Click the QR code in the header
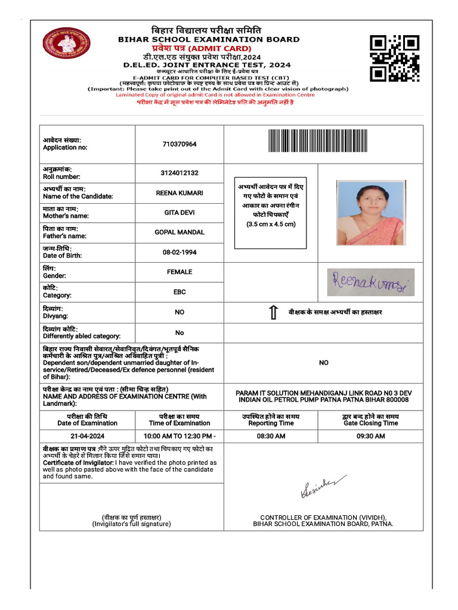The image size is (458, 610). tap(394, 58)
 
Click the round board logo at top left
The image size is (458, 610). tap(66, 43)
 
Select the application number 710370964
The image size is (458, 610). tap(179, 144)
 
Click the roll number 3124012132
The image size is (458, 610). tap(179, 173)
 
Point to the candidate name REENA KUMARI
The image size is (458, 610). tap(179, 193)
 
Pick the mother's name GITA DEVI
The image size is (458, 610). tap(179, 213)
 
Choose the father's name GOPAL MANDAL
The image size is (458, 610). tap(179, 232)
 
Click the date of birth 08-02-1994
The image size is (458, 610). tap(179, 252)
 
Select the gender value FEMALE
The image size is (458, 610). tap(179, 272)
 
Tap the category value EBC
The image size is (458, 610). tap(179, 292)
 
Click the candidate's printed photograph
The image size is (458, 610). tap(370, 213)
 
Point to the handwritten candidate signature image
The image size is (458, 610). tap(371, 282)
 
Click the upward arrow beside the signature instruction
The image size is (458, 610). tap(273, 312)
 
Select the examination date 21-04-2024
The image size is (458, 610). tap(87, 436)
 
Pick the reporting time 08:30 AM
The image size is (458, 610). tap(271, 436)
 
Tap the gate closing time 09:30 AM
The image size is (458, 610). tap(370, 436)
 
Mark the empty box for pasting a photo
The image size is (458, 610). tap(271, 213)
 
